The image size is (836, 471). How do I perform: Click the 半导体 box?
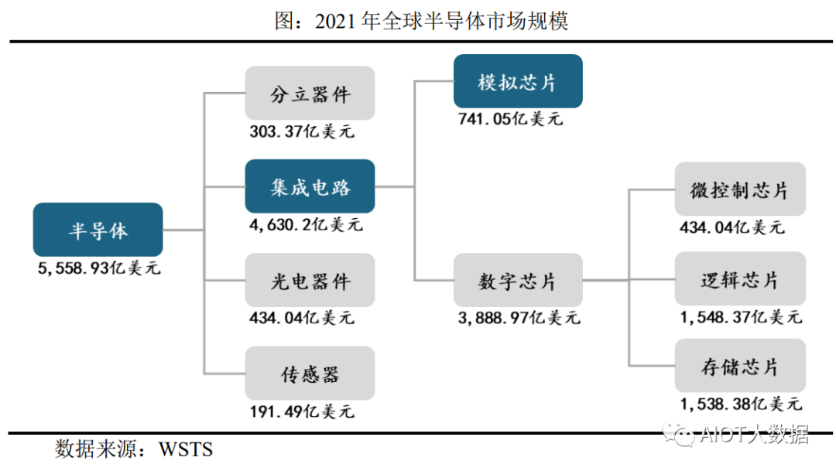(98, 230)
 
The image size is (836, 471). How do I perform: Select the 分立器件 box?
(310, 94)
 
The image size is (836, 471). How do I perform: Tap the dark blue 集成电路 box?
(310, 186)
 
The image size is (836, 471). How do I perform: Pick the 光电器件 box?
(310, 280)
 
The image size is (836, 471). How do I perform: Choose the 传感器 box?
(310, 374)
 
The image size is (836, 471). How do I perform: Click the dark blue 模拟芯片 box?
(517, 81)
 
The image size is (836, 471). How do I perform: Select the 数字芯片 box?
(517, 280)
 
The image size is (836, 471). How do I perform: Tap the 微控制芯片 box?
(740, 189)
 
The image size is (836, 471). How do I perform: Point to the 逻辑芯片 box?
(740, 280)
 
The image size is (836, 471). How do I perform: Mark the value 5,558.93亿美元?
(99, 269)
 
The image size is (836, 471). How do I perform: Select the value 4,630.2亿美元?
(305, 225)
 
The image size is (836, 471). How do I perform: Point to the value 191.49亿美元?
(302, 411)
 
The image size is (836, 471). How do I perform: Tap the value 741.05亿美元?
(511, 119)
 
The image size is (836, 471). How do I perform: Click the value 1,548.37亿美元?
(741, 317)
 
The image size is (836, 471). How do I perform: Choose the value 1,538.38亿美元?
(741, 403)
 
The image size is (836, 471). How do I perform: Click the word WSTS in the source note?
(186, 449)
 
